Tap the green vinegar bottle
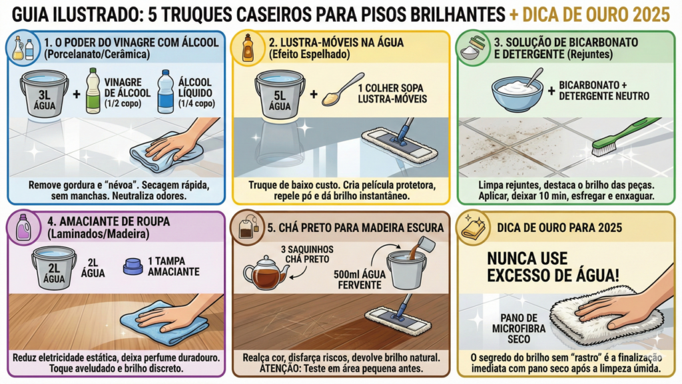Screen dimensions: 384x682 tap(93, 91)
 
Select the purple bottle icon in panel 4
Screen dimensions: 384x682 tap(23, 227)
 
